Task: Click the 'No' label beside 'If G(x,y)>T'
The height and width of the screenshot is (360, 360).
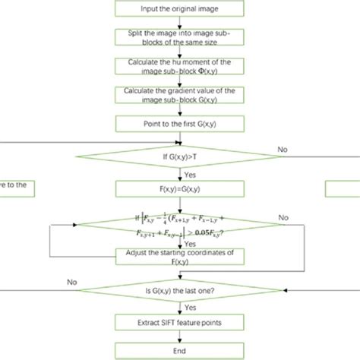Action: point(283,150)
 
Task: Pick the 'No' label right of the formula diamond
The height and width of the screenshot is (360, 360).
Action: point(283,217)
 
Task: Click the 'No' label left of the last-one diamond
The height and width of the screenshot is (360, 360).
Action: point(74,282)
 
